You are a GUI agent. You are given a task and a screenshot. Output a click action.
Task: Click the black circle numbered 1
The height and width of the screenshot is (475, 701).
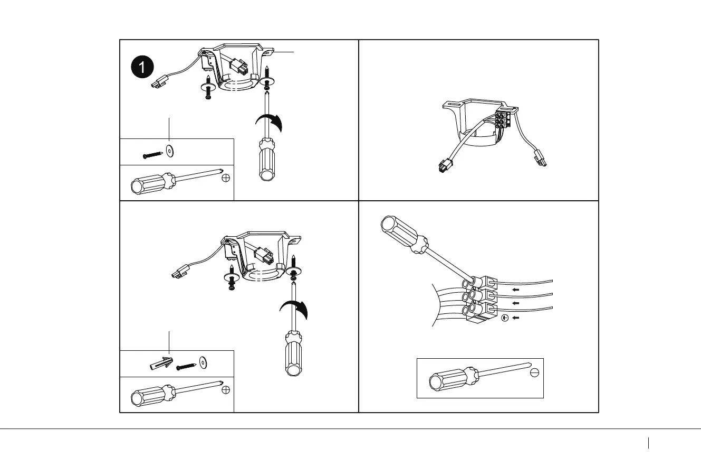(x=142, y=67)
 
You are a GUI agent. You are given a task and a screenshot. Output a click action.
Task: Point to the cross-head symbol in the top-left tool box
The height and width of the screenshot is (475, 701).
(x=226, y=178)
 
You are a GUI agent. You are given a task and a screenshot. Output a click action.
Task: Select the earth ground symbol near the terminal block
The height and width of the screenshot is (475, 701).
(x=504, y=318)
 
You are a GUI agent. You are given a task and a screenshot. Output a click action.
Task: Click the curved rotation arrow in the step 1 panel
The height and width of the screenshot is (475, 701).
(x=270, y=123)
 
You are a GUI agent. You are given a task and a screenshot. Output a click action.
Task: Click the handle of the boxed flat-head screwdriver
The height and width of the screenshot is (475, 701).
(x=450, y=379)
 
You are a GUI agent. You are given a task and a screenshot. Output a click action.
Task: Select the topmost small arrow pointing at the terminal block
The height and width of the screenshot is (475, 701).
(x=516, y=290)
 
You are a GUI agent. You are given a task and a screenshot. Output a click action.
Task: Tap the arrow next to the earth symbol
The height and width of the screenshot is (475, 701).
(x=516, y=318)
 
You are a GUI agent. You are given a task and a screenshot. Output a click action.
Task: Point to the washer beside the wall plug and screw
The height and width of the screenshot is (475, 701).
(x=203, y=362)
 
